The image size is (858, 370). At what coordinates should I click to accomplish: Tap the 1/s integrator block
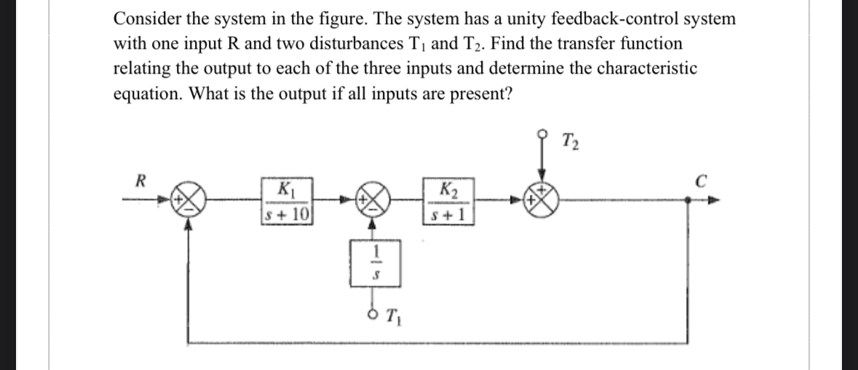click(x=376, y=261)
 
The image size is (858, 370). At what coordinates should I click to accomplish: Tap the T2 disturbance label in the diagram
click(x=571, y=140)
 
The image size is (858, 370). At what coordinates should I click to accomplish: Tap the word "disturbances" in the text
click(x=384, y=44)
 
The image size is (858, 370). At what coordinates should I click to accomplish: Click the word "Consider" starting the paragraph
click(x=145, y=18)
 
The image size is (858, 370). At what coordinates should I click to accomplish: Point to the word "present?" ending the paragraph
click(x=483, y=94)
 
